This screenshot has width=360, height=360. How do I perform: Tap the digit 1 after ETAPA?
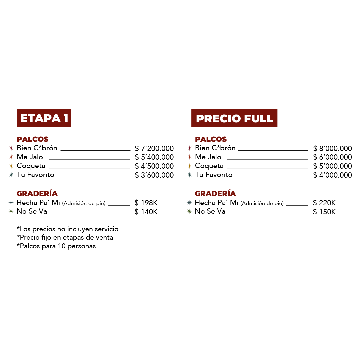pyautogui.click(x=66, y=118)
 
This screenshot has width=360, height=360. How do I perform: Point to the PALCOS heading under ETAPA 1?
pyautogui.click(x=33, y=139)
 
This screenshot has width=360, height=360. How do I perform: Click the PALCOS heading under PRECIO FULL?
pyautogui.click(x=211, y=139)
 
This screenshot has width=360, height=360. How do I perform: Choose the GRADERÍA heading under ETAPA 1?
pyautogui.click(x=37, y=194)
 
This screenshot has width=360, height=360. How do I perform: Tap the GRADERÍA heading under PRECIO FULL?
pyautogui.click(x=215, y=194)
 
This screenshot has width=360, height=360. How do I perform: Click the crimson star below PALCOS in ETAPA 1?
pyautogui.click(x=11, y=148)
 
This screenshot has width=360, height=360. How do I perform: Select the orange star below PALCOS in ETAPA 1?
pyautogui.click(x=11, y=157)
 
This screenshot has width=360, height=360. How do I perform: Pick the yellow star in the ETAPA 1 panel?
pyautogui.click(x=11, y=166)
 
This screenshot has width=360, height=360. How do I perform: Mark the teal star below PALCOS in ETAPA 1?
pyautogui.click(x=11, y=175)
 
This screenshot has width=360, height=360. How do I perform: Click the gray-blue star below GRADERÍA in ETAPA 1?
pyautogui.click(x=11, y=202)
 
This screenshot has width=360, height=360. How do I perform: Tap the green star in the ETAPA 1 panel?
pyautogui.click(x=11, y=211)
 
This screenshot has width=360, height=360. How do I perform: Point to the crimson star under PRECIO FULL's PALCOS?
pyautogui.click(x=189, y=148)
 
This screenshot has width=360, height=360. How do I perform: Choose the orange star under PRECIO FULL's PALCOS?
pyautogui.click(x=189, y=157)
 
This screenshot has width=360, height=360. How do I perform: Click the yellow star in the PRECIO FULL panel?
pyautogui.click(x=189, y=166)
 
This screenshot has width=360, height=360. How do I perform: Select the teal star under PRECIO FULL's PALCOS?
pyautogui.click(x=189, y=175)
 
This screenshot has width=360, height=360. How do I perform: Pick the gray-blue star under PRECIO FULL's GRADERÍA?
pyautogui.click(x=189, y=202)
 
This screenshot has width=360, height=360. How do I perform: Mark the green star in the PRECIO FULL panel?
pyautogui.click(x=189, y=211)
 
